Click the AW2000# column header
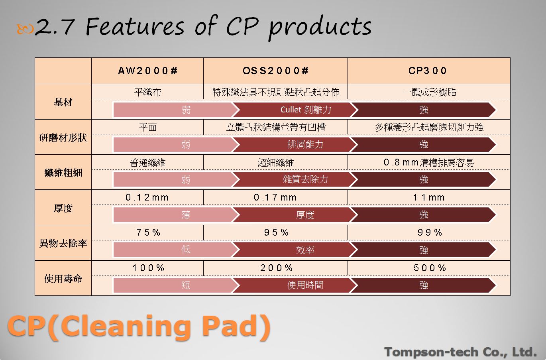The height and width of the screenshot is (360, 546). tap(147, 71)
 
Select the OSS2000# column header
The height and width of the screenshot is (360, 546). tap(276, 71)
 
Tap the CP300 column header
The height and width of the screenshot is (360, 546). tap(428, 71)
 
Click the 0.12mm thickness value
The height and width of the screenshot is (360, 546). tap(147, 197)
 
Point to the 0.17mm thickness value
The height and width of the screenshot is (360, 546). tap(275, 197)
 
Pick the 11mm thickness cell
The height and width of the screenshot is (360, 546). tap(429, 197)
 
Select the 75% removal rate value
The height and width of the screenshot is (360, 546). tap(148, 232)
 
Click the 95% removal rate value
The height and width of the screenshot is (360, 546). tap(276, 232)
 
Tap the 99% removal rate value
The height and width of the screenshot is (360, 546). tap(430, 232)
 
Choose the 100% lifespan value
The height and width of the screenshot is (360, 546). tap(148, 268)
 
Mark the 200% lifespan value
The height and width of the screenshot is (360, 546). tap(276, 268)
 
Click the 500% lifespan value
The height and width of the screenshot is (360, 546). tap(430, 268)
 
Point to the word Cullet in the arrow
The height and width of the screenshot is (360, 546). tap(291, 110)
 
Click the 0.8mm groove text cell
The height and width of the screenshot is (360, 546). tap(429, 162)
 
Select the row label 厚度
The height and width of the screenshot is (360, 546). tap(63, 208)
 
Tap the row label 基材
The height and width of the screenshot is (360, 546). tap(63, 102)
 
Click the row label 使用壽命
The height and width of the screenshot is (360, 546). tap(63, 279)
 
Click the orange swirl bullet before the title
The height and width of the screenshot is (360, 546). tap(25, 29)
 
